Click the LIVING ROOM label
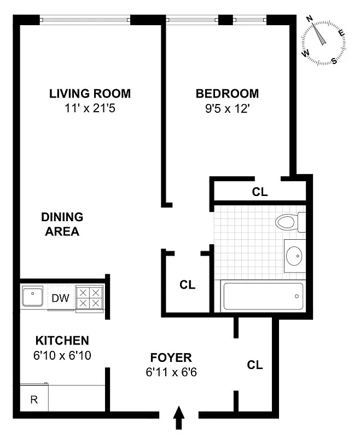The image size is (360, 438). click(90, 93)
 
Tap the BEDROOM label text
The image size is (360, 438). click(227, 93)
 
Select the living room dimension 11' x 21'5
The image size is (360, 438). click(90, 108)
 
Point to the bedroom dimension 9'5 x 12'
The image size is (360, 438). click(227, 108)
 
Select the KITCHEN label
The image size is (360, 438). click(62, 340)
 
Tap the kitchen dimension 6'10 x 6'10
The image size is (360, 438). click(62, 355)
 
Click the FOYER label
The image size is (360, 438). click(171, 358)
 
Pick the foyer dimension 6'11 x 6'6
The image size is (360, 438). click(171, 372)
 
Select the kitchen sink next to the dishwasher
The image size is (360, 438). click(33, 297)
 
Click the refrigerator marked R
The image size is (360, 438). click(34, 399)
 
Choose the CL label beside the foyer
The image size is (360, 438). click(254, 365)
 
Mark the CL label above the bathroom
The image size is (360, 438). click(259, 192)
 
